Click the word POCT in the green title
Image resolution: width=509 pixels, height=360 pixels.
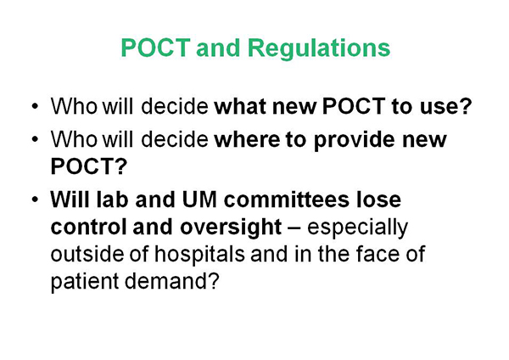pos(155,48)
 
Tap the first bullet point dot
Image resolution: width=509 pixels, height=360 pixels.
pos(35,106)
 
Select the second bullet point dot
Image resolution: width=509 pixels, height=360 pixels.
pos(35,139)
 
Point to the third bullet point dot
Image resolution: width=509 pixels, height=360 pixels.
pos(35,200)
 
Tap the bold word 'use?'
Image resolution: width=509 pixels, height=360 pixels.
pos(445,106)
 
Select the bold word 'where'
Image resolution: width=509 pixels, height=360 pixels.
pos(247,139)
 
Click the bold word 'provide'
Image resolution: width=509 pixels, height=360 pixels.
pos(355,140)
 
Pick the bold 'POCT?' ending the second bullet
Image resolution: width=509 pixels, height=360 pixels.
pos(88,166)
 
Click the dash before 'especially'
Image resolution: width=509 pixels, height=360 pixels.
pos(294,228)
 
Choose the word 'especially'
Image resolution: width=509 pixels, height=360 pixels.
pos(357,227)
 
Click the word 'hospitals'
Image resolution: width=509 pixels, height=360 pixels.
pos(199,254)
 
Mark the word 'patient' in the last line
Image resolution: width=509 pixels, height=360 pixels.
pos(84,281)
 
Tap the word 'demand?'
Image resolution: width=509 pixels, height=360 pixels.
pos(172,281)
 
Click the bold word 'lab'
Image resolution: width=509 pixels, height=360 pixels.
pos(112,200)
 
